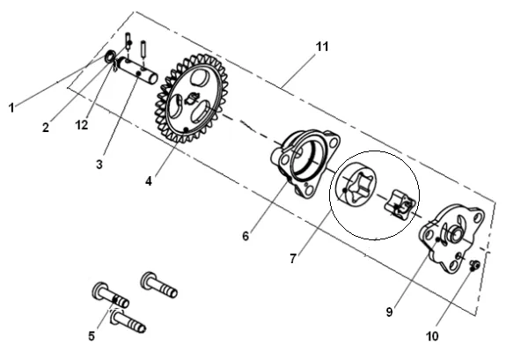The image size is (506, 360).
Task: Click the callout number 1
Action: pos(11,107)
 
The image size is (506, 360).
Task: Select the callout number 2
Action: pos(46,128)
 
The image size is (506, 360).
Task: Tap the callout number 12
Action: pos(82,125)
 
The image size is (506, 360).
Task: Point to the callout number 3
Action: pos(99,165)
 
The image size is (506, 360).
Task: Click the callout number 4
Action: pos(149,181)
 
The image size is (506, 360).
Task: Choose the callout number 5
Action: pos(92,336)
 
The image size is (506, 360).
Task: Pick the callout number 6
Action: pos(246,236)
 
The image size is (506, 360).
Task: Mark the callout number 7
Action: pos(293,258)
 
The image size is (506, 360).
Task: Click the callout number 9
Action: pos(390,312)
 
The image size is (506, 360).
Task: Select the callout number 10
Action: pos(433,336)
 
